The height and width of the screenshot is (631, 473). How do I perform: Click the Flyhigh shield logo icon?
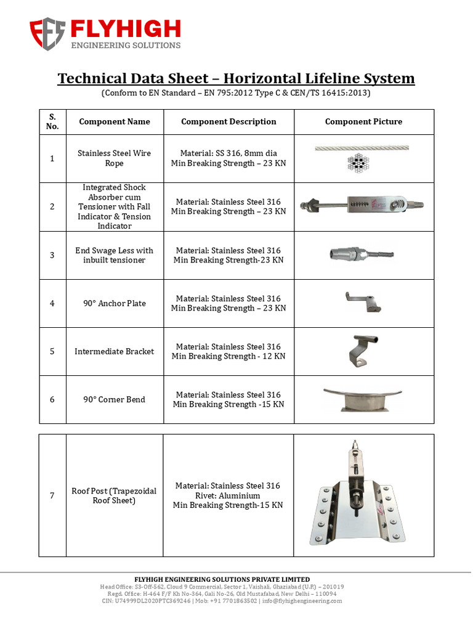(47, 34)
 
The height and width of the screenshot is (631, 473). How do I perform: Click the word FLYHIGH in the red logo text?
(125, 28)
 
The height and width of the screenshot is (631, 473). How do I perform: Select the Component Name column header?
(115, 121)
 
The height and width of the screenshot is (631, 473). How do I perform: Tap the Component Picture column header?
(363, 121)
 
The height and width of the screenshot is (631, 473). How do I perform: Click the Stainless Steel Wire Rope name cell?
(115, 158)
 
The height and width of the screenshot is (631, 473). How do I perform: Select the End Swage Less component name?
(115, 255)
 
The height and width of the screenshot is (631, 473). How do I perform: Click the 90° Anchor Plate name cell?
(115, 303)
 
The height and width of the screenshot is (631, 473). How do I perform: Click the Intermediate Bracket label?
(115, 351)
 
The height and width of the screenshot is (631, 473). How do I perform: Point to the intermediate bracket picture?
(362, 350)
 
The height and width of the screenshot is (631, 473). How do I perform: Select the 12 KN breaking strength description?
(228, 356)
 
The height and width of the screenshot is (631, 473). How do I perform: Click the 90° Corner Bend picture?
(363, 399)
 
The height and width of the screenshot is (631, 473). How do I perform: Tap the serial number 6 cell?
(52, 399)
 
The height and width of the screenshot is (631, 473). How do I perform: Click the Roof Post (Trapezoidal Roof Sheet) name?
(115, 495)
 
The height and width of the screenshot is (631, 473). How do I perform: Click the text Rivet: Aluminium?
(228, 495)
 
